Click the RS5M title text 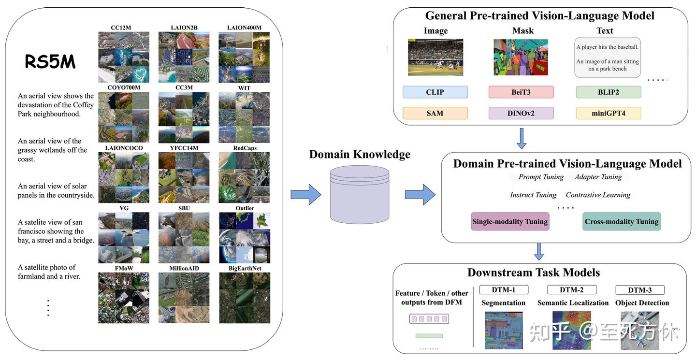(x=50, y=62)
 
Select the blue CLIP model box (x=435, y=92)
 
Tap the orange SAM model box (x=435, y=113)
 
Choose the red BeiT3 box (x=521, y=92)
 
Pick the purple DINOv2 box (x=521, y=113)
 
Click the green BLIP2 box (x=608, y=92)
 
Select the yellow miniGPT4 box (x=608, y=113)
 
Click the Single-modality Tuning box (x=510, y=221)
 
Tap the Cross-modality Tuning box (x=622, y=221)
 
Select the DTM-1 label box (x=504, y=290)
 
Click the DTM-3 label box (x=640, y=290)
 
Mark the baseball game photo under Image (x=435, y=57)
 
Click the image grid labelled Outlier (x=245, y=237)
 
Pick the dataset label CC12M (x=121, y=28)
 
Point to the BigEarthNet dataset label (x=245, y=268)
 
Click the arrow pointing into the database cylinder (x=305, y=194)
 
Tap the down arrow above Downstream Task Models (x=538, y=252)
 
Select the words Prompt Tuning (x=541, y=177)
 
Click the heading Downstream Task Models (x=534, y=273)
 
